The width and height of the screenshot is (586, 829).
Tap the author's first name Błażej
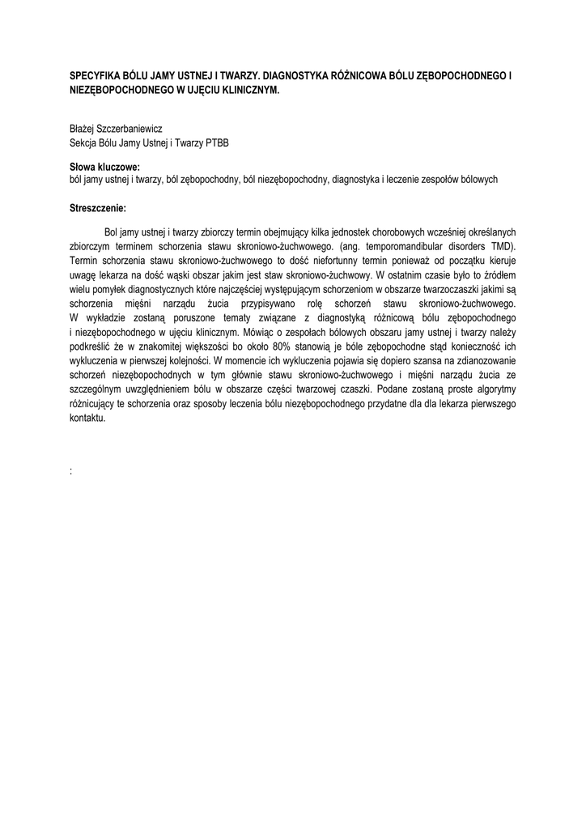click(x=83, y=129)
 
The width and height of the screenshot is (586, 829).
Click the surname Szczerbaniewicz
click(x=131, y=129)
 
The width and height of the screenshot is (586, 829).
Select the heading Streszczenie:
click(x=99, y=208)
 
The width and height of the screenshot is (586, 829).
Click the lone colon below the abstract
click(x=72, y=470)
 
